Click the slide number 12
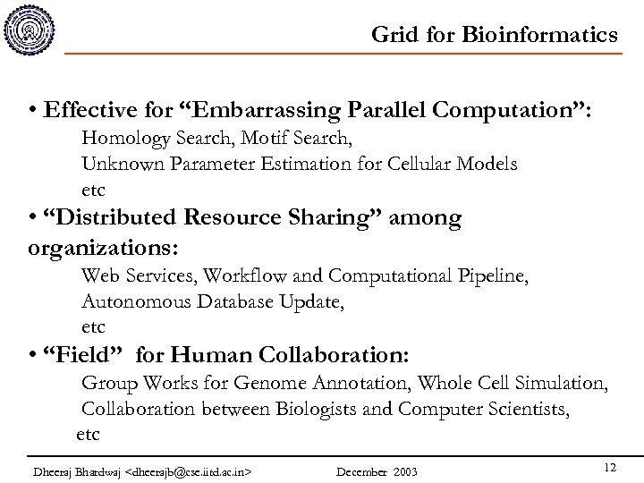click(609, 466)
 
